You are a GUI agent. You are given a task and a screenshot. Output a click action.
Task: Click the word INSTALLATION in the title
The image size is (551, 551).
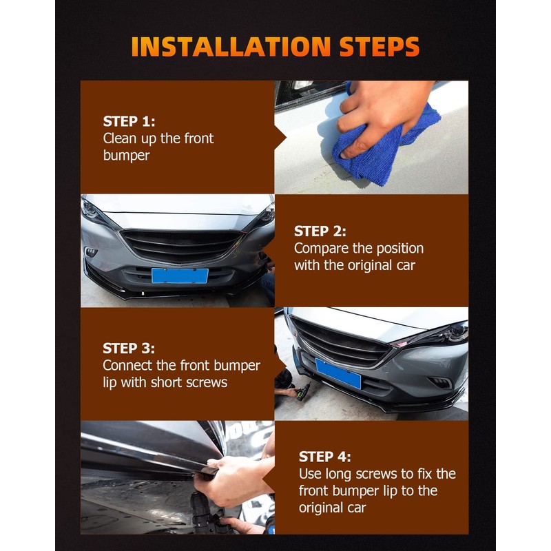click(231, 46)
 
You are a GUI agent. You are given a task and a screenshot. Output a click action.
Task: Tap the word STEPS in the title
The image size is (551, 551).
click(380, 46)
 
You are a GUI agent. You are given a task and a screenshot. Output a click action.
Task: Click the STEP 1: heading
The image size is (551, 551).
click(129, 121)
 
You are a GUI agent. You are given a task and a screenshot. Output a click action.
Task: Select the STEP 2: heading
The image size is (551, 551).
click(320, 231)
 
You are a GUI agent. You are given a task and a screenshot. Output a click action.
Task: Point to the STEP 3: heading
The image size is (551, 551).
click(129, 349)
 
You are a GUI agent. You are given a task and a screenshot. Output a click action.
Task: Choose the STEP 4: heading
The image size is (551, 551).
click(324, 457)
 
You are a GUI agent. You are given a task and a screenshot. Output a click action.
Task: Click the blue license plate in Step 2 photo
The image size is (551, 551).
click(180, 275)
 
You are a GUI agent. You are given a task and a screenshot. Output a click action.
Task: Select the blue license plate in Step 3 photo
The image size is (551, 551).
click(338, 373)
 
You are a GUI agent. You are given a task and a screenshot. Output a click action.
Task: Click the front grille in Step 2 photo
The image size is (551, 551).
click(181, 245)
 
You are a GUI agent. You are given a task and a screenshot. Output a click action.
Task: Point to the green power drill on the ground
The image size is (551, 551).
click(303, 392)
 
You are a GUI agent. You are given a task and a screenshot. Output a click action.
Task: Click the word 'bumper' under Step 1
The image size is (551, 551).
click(127, 156)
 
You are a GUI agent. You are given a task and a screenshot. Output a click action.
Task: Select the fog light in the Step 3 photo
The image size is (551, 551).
click(440, 382)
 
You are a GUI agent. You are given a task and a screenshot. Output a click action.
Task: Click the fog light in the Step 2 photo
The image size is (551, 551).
click(91, 251)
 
